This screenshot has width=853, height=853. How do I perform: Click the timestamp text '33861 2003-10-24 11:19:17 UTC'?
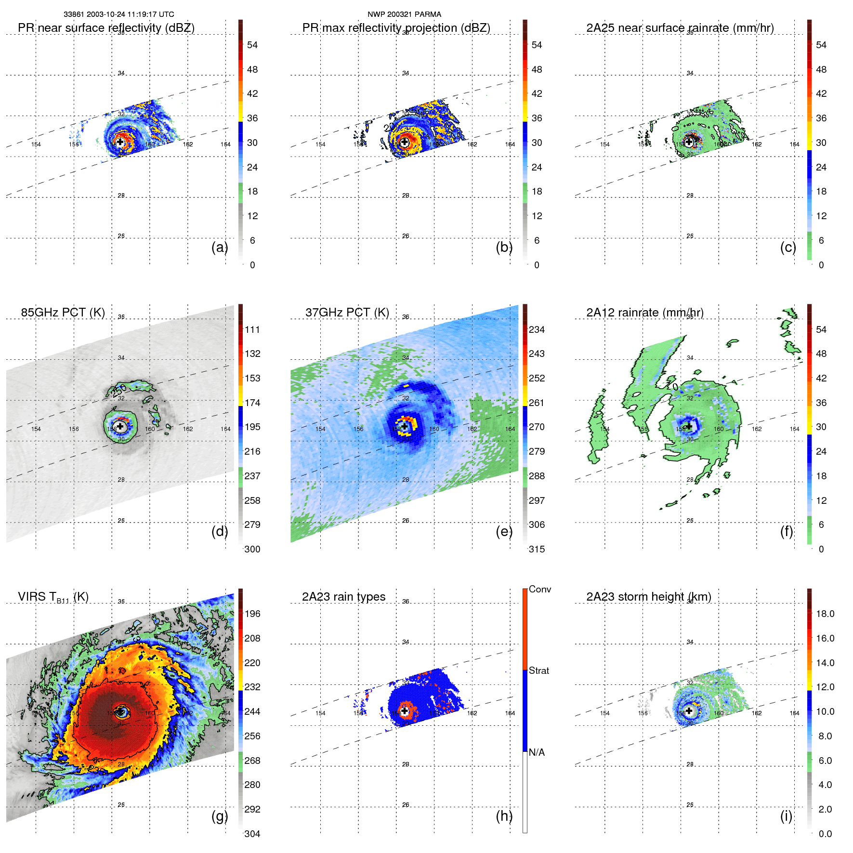click(x=119, y=14)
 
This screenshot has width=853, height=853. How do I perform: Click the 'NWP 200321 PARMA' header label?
click(x=404, y=14)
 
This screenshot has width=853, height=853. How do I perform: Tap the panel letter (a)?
click(x=220, y=247)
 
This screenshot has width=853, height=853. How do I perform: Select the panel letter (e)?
click(x=504, y=531)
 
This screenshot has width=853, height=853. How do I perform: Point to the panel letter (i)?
click(x=786, y=816)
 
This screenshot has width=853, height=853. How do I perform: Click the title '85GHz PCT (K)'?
click(x=63, y=312)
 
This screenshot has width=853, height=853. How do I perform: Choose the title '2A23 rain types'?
click(x=343, y=597)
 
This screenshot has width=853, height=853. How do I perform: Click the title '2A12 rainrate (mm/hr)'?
click(x=645, y=313)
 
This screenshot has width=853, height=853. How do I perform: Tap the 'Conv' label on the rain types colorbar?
click(x=539, y=589)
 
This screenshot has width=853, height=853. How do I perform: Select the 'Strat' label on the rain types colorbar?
click(x=539, y=670)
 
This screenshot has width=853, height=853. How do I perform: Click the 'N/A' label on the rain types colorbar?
click(x=537, y=752)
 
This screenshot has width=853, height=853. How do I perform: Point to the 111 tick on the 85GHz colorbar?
click(x=252, y=329)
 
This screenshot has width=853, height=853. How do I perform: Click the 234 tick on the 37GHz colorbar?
click(x=537, y=329)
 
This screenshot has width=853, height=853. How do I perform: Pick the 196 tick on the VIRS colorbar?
click(x=252, y=614)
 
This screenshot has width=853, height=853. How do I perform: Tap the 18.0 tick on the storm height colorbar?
click(x=825, y=614)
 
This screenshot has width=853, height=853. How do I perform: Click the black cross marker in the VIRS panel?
click(x=120, y=710)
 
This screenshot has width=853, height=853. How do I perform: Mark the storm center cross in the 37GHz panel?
click(x=405, y=426)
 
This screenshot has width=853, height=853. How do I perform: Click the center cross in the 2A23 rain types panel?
click(x=405, y=710)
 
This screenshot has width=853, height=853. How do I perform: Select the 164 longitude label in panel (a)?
click(x=225, y=144)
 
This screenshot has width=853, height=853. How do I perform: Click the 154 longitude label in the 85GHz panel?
click(x=36, y=429)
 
